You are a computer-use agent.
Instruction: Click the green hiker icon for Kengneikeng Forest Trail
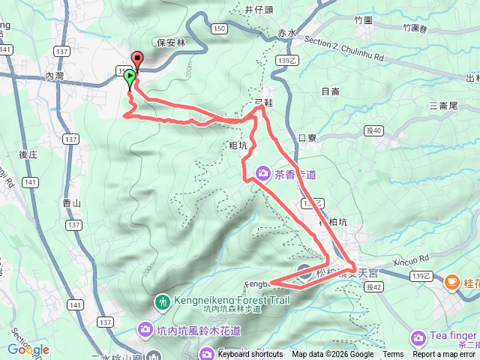pyautogui.click(x=163, y=302)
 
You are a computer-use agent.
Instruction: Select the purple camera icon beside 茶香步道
pyautogui.click(x=262, y=173)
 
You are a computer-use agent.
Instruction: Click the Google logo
pyautogui.click(x=28, y=349)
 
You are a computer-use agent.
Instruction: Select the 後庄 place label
pyautogui.click(x=28, y=154)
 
